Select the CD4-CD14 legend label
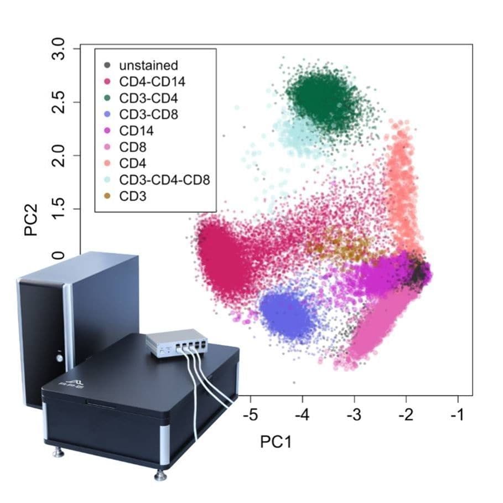pyautogui.click(x=152, y=82)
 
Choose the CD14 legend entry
pyautogui.click(x=136, y=131)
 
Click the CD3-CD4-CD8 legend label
pyautogui.click(x=164, y=180)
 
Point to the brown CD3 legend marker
pyautogui.click(x=107, y=196)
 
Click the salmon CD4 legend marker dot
pyautogui.click(x=107, y=164)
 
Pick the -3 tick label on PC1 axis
pyautogui.click(x=354, y=415)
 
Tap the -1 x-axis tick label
pyautogui.click(x=458, y=415)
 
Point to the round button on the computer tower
pyautogui.click(x=59, y=357)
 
